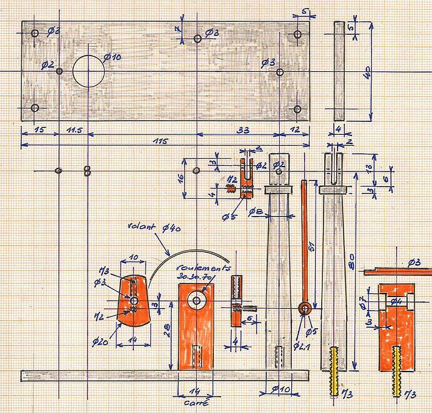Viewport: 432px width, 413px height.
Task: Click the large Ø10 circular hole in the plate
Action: click(89, 71)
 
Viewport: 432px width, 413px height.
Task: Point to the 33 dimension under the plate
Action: click(242, 129)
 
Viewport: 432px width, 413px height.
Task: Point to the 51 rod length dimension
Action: click(312, 245)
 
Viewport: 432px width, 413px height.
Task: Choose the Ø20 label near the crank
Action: click(101, 342)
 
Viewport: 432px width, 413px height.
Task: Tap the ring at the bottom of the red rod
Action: click(305, 309)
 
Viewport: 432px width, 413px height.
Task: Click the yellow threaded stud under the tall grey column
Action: click(335, 379)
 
